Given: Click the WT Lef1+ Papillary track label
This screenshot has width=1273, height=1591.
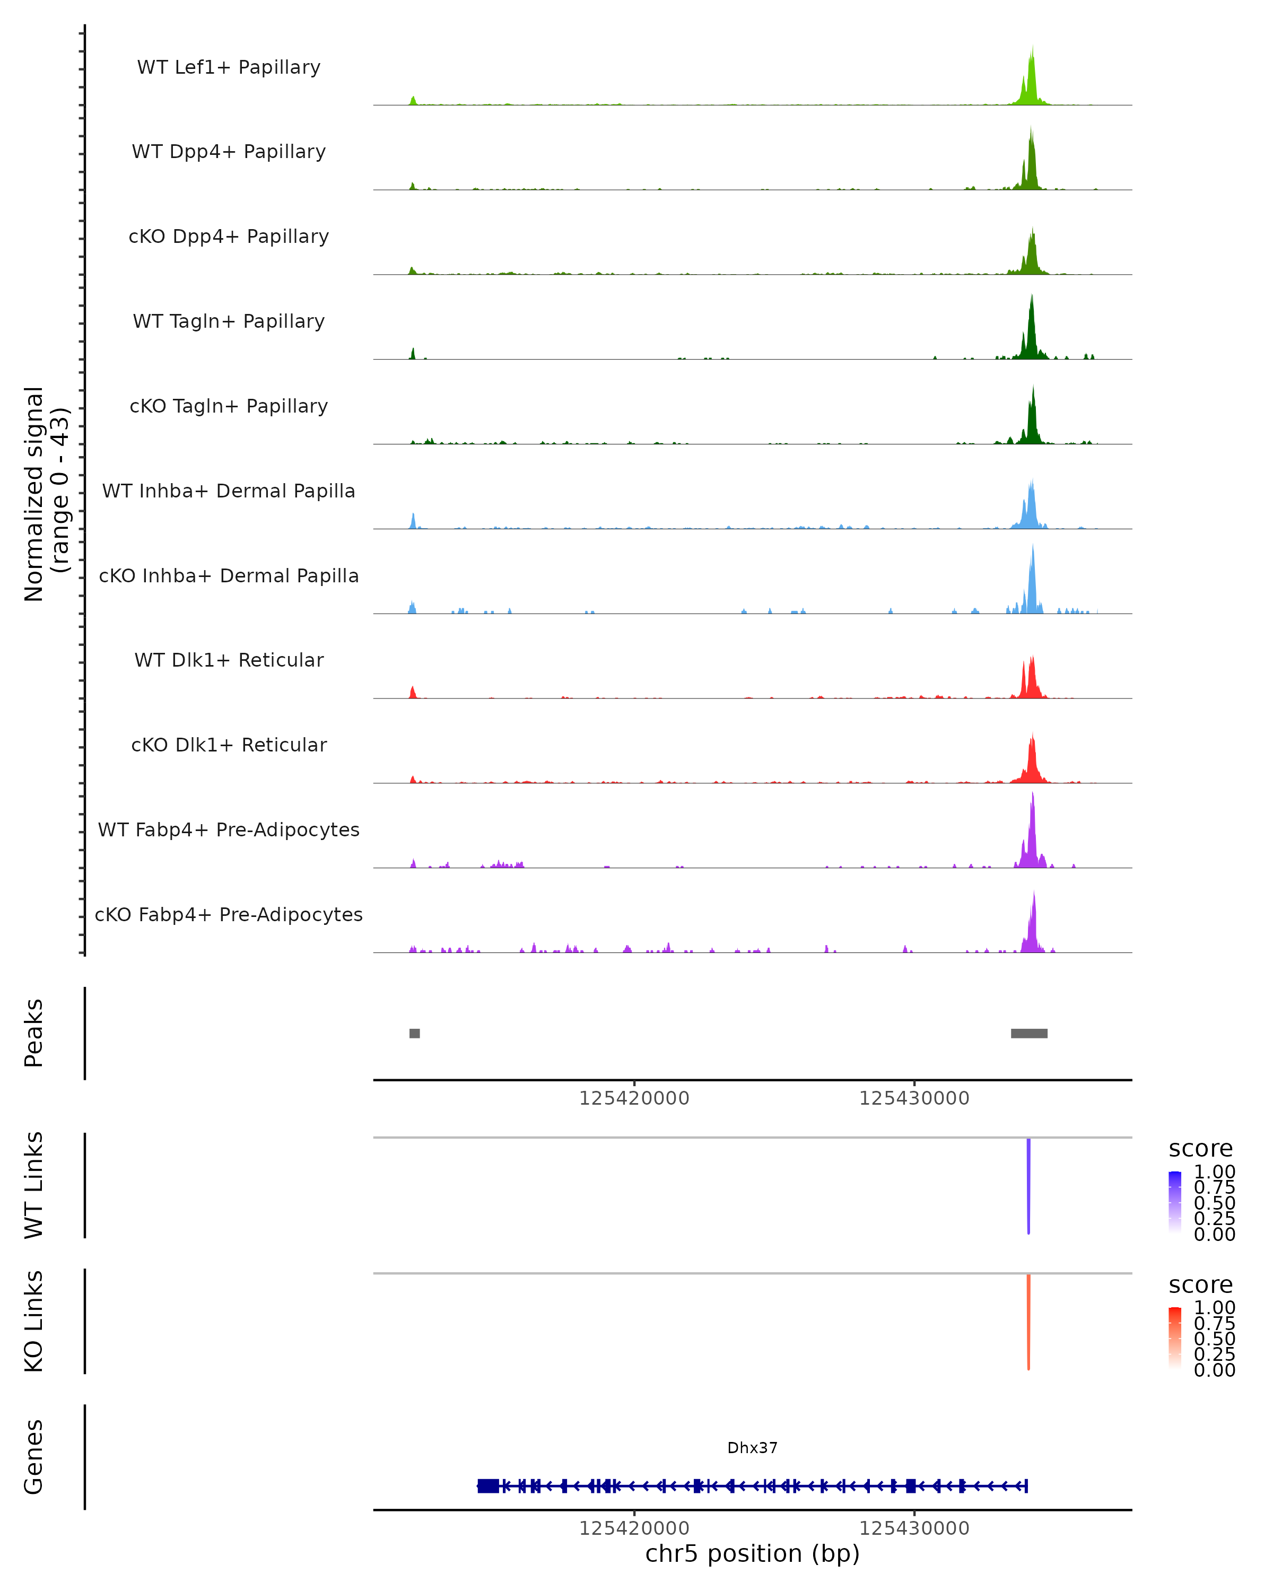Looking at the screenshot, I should click(x=229, y=67).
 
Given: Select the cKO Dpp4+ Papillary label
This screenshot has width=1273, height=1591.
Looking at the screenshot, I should click(x=229, y=236).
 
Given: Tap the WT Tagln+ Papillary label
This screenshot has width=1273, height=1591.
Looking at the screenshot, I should click(x=229, y=321).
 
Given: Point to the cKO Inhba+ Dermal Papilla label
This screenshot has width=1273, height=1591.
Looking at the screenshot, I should click(x=229, y=575).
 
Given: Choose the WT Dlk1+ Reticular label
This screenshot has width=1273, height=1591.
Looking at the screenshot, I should click(x=229, y=660).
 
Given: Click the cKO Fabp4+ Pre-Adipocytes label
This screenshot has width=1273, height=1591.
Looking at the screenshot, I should click(x=229, y=914).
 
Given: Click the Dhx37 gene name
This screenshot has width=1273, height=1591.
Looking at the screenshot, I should click(x=752, y=1448).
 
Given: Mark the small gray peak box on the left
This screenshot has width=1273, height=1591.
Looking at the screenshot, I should click(x=415, y=1033).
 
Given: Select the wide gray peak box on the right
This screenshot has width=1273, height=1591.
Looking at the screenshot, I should click(x=1028, y=1033).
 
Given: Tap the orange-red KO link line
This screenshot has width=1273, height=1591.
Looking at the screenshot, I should click(x=1028, y=1321).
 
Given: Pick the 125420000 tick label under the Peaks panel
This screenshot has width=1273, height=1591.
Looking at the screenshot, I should click(x=634, y=1099).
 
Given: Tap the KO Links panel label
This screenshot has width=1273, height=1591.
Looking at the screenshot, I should click(x=34, y=1321).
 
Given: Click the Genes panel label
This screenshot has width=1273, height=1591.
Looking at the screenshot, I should click(x=34, y=1457).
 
